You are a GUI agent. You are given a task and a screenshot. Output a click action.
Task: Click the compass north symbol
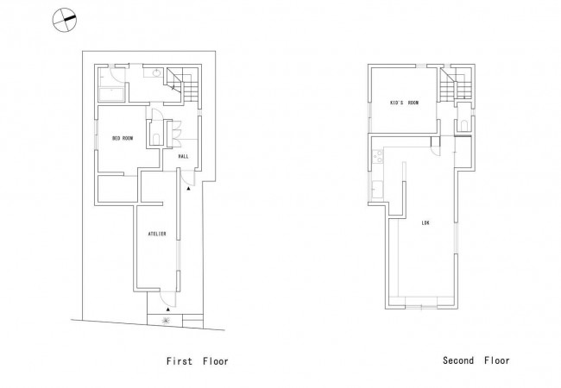[65, 20]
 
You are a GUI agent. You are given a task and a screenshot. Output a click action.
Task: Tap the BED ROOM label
[123, 138]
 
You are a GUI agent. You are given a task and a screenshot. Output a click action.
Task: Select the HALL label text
[183, 156]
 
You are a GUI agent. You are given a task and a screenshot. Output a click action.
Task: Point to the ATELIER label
[157, 234]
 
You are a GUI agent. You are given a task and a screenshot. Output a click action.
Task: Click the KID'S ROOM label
[404, 103]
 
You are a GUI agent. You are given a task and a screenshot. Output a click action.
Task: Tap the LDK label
[425, 223]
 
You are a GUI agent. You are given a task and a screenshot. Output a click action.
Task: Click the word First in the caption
[180, 361]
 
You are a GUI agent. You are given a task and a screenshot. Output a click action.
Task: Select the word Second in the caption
[458, 360]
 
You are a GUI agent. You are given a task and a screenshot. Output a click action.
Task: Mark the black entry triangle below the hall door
[188, 188]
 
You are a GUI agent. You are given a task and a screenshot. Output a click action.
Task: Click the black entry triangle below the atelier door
[167, 309]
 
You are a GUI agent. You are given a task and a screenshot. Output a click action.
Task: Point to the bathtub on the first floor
[111, 95]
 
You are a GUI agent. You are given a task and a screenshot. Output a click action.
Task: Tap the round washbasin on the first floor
[157, 73]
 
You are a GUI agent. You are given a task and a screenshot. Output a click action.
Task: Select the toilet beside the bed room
[156, 139]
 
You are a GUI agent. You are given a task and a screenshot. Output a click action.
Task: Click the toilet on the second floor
[464, 125]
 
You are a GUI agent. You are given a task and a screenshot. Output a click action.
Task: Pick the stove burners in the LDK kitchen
[377, 156]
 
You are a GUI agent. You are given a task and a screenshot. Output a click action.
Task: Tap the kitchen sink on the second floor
[377, 190]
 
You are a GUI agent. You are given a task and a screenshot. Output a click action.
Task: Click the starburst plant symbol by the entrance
[166, 320]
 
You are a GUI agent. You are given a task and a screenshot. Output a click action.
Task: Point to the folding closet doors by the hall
[176, 134]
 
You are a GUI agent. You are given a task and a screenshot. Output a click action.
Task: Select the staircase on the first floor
[182, 84]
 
